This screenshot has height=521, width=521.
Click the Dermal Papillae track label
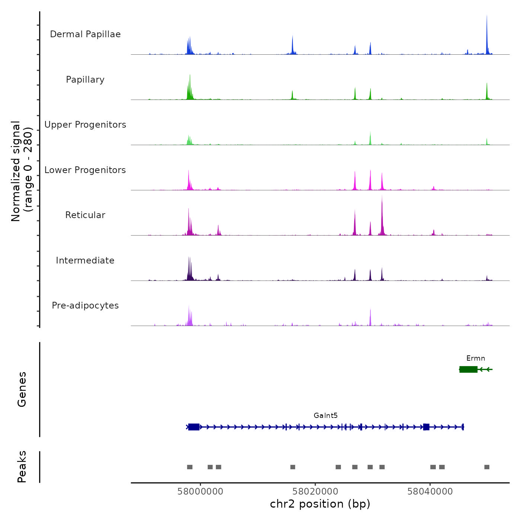point(85,34)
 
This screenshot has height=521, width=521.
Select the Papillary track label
point(85,80)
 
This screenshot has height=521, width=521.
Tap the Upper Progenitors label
point(85,125)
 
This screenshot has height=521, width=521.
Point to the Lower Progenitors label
point(85,170)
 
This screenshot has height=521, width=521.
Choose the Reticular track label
point(85,215)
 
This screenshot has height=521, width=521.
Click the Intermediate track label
point(85,260)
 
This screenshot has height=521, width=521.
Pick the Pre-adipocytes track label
point(85,306)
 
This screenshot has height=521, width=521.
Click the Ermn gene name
point(476,358)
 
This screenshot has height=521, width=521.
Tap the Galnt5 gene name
point(326,416)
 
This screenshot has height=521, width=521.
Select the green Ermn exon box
point(469,369)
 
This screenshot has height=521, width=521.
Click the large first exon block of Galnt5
point(194,427)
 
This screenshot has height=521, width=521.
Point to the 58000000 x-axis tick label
point(201,492)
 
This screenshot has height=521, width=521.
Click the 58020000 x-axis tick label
point(315,492)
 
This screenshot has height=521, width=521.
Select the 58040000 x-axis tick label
point(430,492)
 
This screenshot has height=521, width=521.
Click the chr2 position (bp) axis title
point(320,504)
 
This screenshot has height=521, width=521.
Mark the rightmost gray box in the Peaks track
point(487,467)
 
